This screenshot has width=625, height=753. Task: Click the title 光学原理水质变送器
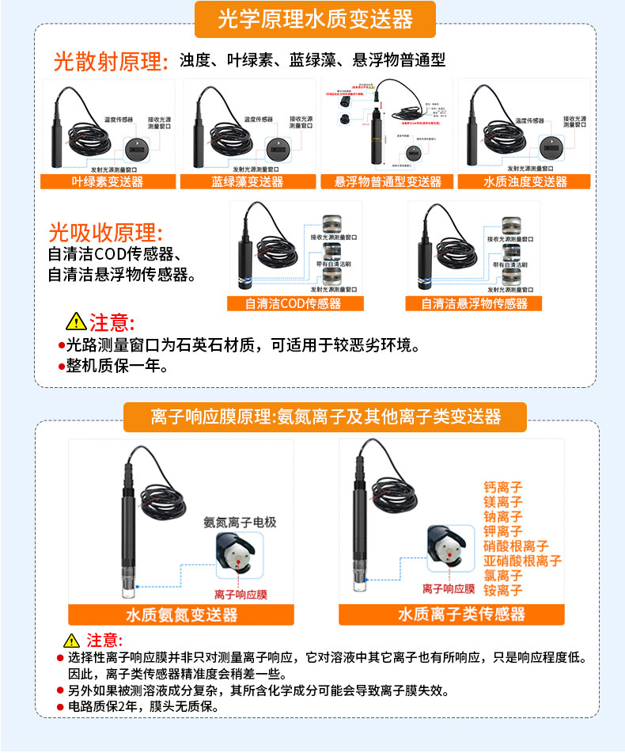[315, 20]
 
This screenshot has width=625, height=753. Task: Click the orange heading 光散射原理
[111, 62]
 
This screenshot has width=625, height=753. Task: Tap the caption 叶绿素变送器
[108, 182]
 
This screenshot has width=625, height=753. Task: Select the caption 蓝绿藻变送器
[247, 182]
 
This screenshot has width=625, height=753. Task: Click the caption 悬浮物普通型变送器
[388, 182]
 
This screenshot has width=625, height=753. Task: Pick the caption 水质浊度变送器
[525, 182]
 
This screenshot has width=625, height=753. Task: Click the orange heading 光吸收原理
[105, 233]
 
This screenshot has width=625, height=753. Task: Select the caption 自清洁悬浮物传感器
[473, 304]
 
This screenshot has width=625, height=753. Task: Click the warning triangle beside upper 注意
[75, 322]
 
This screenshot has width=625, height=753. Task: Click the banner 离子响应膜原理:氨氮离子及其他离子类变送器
[325, 416]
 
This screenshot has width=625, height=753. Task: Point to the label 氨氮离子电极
[240, 523]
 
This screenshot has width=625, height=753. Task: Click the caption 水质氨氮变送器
[181, 615]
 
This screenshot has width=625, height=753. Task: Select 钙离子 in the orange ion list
[503, 488]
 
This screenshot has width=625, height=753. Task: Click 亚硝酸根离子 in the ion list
[522, 561]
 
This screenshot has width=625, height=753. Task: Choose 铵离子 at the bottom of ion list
[503, 591]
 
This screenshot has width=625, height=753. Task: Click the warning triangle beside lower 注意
[72, 641]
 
